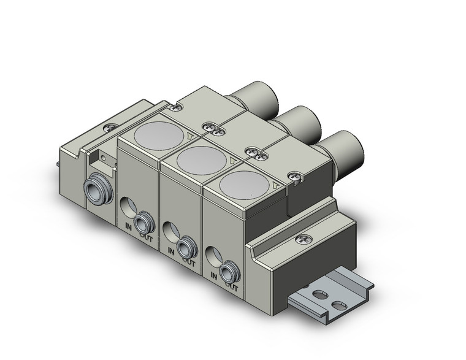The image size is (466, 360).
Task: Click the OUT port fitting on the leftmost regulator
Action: [145, 221]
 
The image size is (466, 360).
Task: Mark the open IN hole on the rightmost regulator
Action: [212, 255]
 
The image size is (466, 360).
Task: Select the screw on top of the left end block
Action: [110, 129]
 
